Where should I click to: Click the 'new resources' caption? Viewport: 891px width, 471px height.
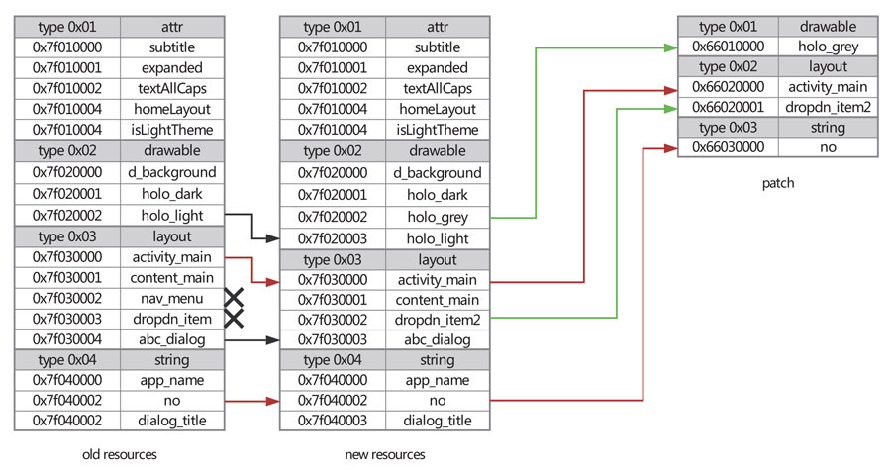[384, 454]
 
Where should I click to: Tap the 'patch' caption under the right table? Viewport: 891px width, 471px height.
[778, 183]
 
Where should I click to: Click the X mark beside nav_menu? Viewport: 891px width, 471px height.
[235, 297]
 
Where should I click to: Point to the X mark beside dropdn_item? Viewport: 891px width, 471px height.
[235, 318]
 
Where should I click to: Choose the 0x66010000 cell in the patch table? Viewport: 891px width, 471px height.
[727, 46]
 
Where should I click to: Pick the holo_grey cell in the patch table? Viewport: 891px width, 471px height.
[828, 46]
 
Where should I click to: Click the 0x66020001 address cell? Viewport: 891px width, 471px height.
[727, 106]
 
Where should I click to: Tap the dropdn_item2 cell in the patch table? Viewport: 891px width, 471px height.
[828, 106]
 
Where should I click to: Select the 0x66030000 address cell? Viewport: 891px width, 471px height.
[727, 146]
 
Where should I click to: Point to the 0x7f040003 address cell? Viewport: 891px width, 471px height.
[333, 421]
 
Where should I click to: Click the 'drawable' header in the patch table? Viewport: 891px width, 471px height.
[828, 26]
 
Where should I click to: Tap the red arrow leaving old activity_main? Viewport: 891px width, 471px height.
[251, 269]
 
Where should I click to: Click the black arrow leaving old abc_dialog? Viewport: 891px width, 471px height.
[251, 338]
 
